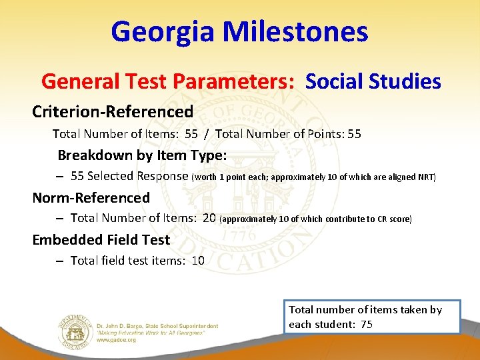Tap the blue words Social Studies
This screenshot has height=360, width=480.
pyautogui.click(x=373, y=81)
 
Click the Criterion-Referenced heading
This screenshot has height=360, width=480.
pyautogui.click(x=113, y=111)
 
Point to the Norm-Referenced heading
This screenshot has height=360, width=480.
pyautogui.click(x=91, y=197)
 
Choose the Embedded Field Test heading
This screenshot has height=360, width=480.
pyautogui.click(x=101, y=239)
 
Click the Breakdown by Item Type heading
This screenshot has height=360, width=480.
pyautogui.click(x=142, y=155)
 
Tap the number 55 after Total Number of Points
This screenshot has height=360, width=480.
pyautogui.click(x=354, y=134)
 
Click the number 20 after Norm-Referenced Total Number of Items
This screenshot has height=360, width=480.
pyautogui.click(x=209, y=218)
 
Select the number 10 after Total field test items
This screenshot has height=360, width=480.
pyautogui.click(x=198, y=261)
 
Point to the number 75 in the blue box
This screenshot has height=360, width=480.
pyautogui.click(x=366, y=325)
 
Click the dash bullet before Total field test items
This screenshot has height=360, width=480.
pyautogui.click(x=59, y=261)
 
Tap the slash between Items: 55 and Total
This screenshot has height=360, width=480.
pyautogui.click(x=207, y=134)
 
